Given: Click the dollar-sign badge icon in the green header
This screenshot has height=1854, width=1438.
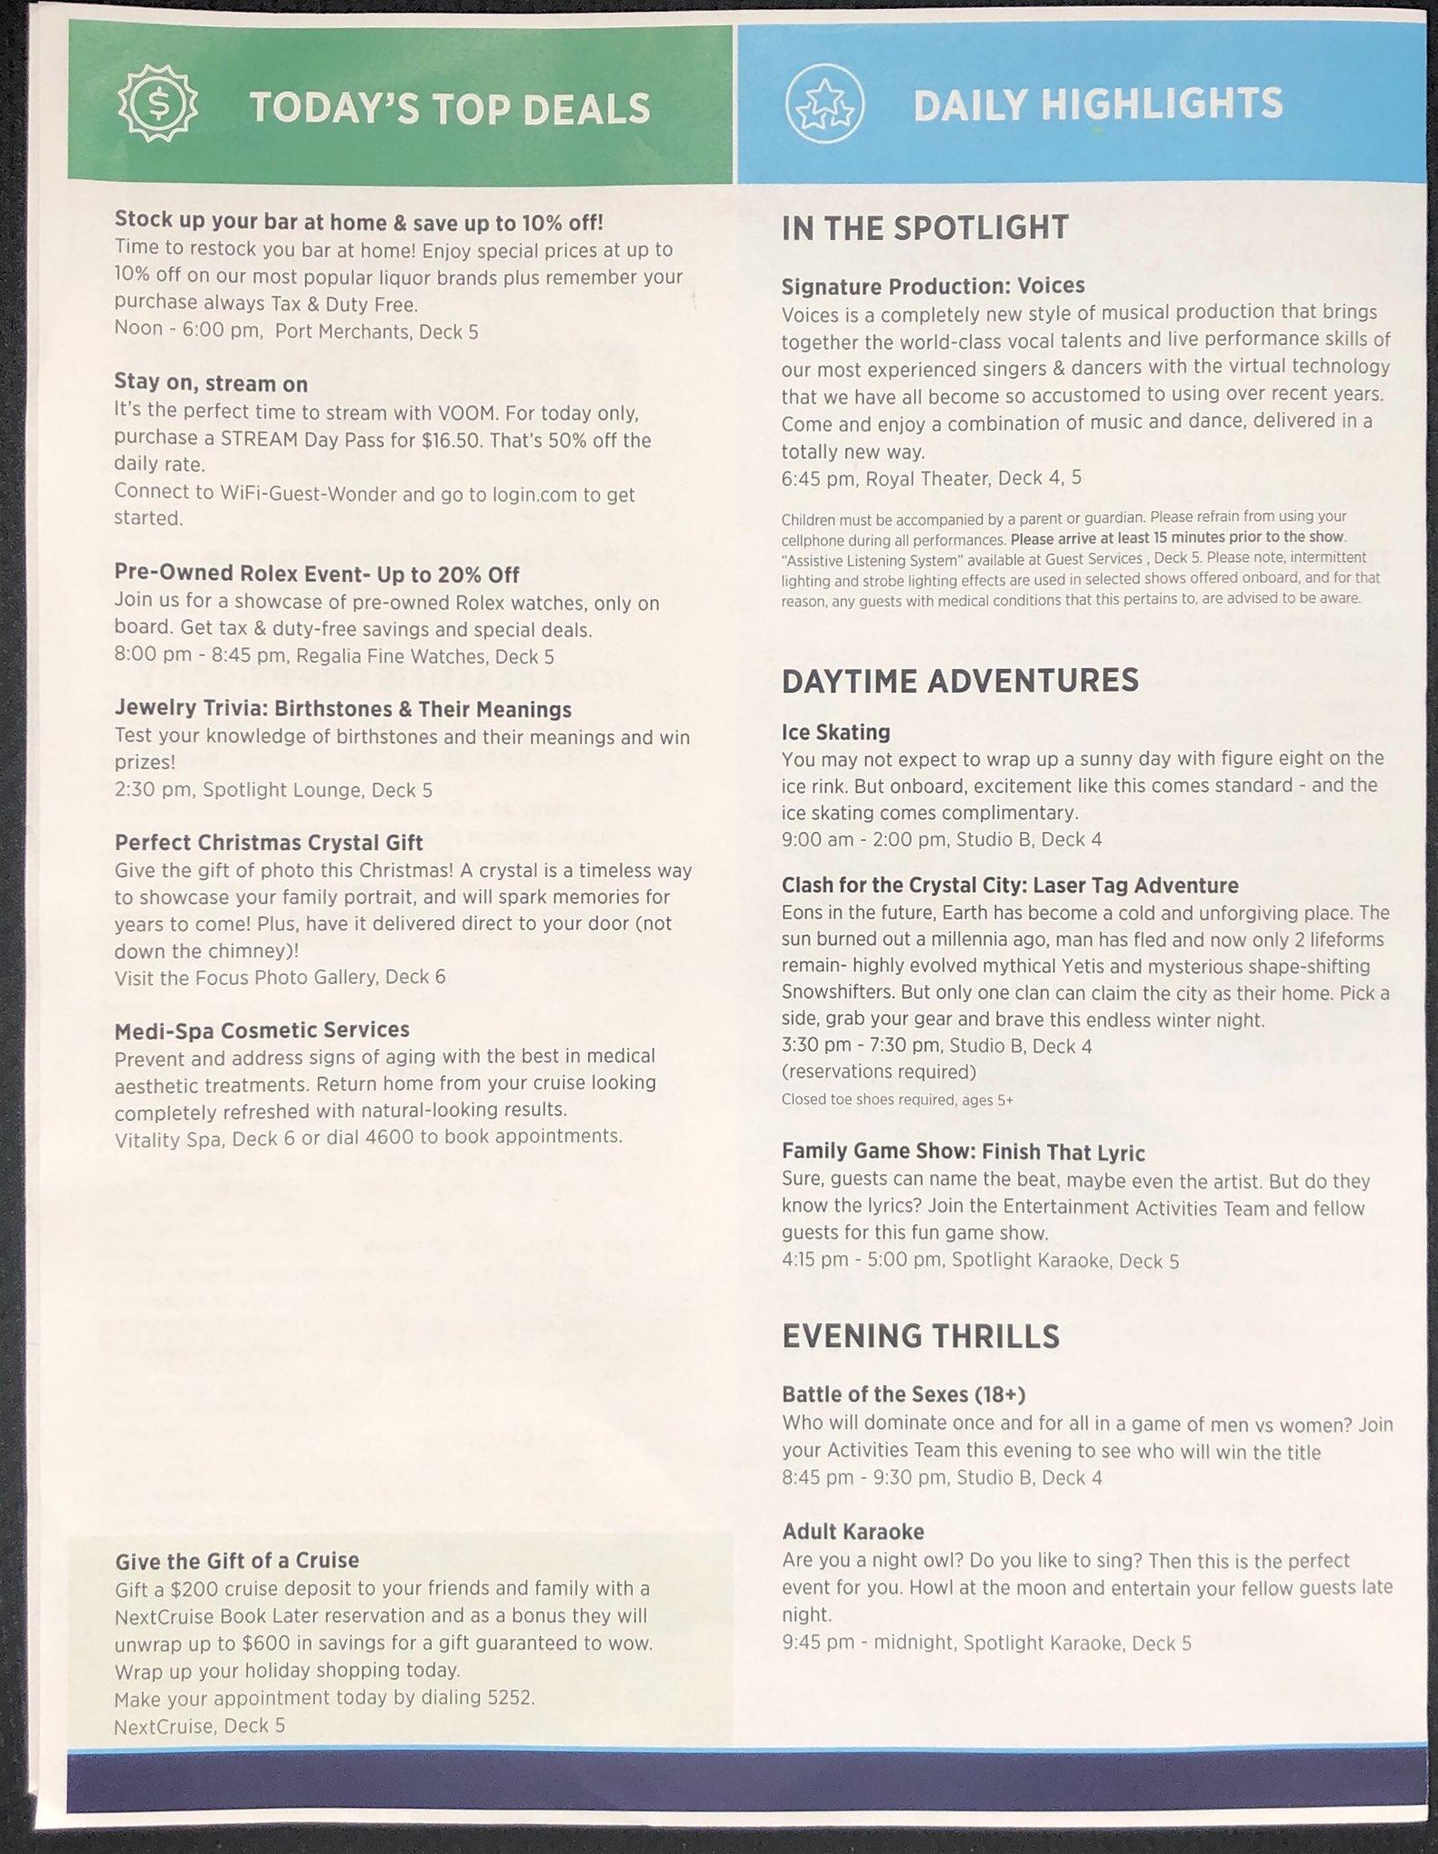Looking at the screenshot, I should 158,107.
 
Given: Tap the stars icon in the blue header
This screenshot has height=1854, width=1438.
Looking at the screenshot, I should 824,105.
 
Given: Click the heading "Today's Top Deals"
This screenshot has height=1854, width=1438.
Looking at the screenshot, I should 450,109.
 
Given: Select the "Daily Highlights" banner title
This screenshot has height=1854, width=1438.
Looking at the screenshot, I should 1098,103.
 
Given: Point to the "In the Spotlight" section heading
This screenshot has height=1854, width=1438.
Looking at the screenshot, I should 925,227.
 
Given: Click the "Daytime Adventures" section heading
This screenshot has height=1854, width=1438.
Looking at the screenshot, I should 959,680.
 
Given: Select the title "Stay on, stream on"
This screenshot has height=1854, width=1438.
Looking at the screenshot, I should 211,383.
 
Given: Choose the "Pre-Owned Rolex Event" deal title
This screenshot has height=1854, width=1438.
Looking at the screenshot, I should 317,574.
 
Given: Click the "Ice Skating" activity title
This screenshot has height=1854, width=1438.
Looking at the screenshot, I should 835,731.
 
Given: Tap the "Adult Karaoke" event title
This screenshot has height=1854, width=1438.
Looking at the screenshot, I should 852,1532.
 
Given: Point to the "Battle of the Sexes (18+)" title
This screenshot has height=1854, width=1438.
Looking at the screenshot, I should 903,1394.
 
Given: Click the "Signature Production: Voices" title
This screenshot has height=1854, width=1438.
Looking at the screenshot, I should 933,285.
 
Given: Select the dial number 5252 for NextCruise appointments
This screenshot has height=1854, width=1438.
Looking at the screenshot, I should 509,1697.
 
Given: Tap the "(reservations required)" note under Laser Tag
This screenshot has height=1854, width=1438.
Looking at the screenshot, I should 879,1072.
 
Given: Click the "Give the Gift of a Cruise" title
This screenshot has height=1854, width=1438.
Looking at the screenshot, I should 237,1560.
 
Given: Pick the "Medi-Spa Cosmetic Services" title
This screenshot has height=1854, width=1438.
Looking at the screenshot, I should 262,1029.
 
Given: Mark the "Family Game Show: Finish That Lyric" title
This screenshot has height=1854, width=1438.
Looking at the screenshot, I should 963,1152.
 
